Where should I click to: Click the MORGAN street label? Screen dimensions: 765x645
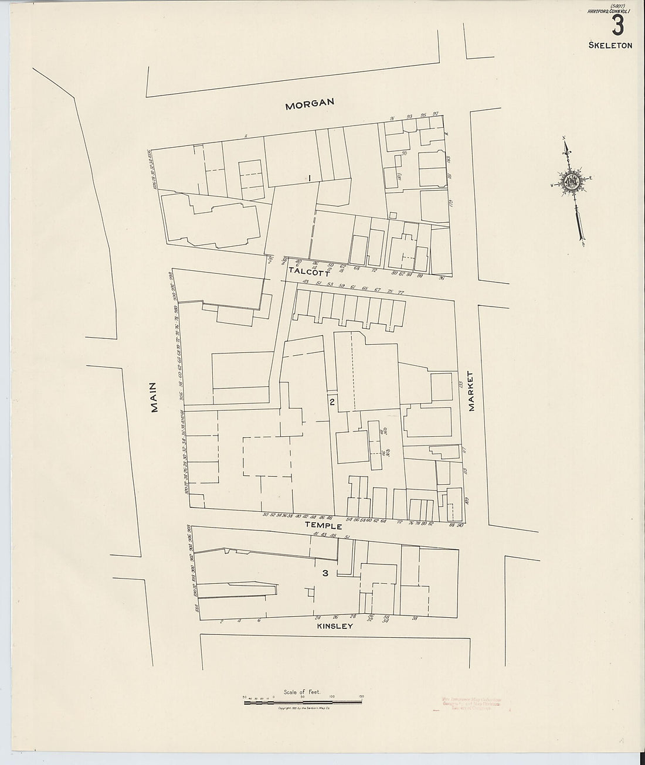(309, 104)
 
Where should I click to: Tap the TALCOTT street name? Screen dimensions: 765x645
(309, 272)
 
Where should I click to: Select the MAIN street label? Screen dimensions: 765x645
(155, 397)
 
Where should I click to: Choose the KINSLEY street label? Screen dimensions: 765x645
(334, 626)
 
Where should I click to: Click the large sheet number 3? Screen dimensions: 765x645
(617, 26)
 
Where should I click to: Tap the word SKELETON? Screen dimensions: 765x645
(612, 45)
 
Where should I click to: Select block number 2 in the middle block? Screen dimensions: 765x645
(332, 402)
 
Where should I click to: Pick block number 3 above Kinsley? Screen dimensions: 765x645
(325, 573)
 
